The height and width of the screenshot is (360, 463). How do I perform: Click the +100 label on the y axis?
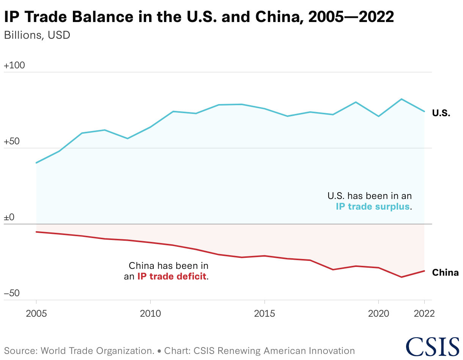[x=14, y=66]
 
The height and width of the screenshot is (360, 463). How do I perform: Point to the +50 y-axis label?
[x=12, y=142]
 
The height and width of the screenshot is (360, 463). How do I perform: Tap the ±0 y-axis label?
[x=9, y=218]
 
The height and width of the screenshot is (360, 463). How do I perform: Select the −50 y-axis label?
[x=12, y=294]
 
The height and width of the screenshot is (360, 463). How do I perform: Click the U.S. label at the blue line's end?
[x=441, y=113]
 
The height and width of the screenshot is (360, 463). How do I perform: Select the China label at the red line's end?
[x=445, y=273]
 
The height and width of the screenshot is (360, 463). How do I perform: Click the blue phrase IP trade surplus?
[x=373, y=207]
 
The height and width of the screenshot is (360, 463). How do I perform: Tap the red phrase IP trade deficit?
[x=172, y=276]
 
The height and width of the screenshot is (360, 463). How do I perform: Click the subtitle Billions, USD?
[x=37, y=35]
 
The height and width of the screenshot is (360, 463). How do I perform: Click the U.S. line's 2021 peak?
[x=401, y=99]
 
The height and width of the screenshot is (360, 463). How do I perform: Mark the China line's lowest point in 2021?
[x=401, y=277]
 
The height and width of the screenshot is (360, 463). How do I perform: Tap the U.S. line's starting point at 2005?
[x=36, y=163]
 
